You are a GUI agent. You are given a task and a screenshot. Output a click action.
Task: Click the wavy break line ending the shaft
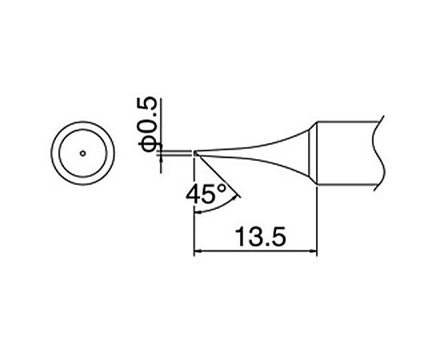coord(382,152)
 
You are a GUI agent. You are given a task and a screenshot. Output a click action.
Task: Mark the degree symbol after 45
coord(226,188)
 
